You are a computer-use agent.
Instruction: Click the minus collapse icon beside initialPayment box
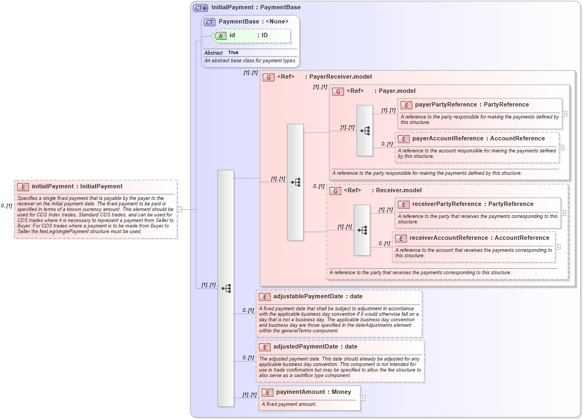pyautogui.click(x=179, y=209)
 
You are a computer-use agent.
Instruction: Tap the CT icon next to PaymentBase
pyautogui.click(x=209, y=22)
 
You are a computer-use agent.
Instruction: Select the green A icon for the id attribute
pyautogui.click(x=220, y=36)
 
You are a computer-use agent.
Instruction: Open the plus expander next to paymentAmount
pyautogui.click(x=363, y=398)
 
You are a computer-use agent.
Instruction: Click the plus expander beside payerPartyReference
pyautogui.click(x=564, y=114)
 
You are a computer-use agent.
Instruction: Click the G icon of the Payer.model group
pyautogui.click(x=338, y=91)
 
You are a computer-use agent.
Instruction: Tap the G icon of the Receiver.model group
pyautogui.click(x=335, y=191)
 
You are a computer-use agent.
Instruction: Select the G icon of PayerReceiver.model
pyautogui.click(x=269, y=77)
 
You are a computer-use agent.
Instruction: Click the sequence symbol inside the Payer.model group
pyautogui.click(x=365, y=131)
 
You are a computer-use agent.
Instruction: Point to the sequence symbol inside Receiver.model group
pyautogui.click(x=362, y=230)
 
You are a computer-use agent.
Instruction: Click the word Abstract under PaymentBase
pyautogui.click(x=213, y=53)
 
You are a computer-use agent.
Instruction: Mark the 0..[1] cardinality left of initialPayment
pyautogui.click(x=7, y=206)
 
